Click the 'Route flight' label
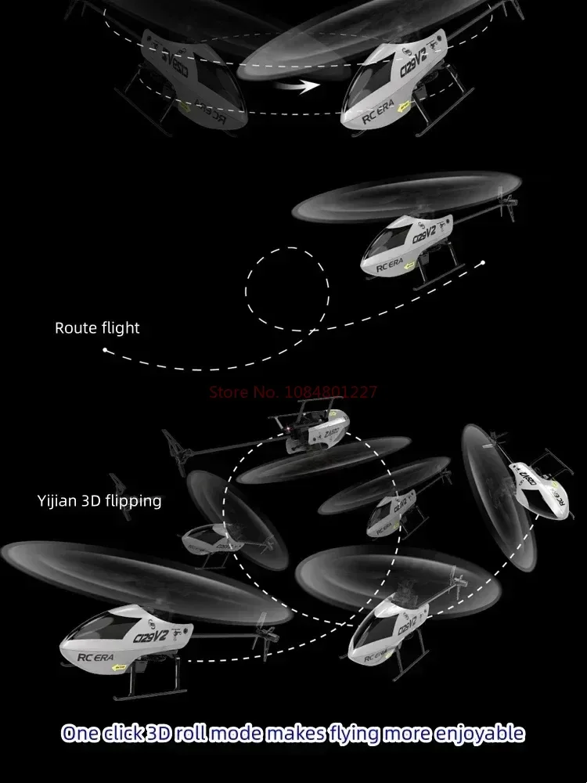97,328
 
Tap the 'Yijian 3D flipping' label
99,500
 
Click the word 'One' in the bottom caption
81,734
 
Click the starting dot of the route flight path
105,351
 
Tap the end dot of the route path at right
484,262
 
